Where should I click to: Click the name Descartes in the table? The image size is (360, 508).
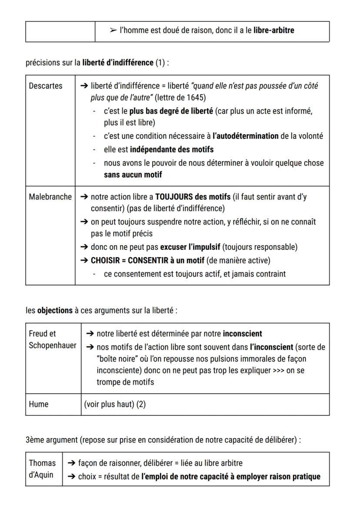pyautogui.click(x=46, y=86)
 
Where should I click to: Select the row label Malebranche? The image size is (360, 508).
pyautogui.click(x=50, y=197)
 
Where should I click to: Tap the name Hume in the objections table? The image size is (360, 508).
pyautogui.click(x=39, y=404)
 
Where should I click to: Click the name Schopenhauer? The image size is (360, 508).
pyautogui.click(x=52, y=345)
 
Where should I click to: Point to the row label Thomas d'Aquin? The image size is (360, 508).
pyautogui.click(x=42, y=469)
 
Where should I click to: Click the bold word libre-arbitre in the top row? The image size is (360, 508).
pyautogui.click(x=273, y=30)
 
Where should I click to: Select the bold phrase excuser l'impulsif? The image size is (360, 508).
pyautogui.click(x=190, y=247)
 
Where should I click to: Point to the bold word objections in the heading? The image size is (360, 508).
pyautogui.click(x=55, y=311)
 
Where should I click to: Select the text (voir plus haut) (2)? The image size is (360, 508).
pyautogui.click(x=115, y=404)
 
